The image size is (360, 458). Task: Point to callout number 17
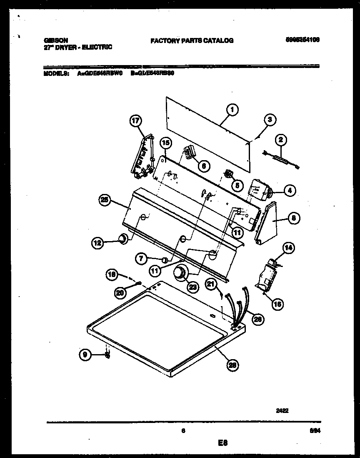pyautogui.click(x=135, y=121)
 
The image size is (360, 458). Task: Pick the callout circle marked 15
pyautogui.click(x=166, y=143)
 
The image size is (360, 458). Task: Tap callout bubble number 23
pyautogui.click(x=193, y=287)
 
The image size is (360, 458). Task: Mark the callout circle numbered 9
pyautogui.click(x=85, y=355)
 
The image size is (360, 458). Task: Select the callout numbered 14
pyautogui.click(x=288, y=248)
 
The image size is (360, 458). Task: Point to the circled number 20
pyautogui.click(x=120, y=293)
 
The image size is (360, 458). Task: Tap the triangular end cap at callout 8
pyautogui.click(x=267, y=221)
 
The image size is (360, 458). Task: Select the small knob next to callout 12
pyautogui.click(x=122, y=239)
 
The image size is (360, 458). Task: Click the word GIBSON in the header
pyautogui.click(x=55, y=40)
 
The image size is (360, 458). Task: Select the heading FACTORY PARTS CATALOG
pyautogui.click(x=192, y=40)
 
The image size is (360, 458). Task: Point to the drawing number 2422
pyautogui.click(x=282, y=410)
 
